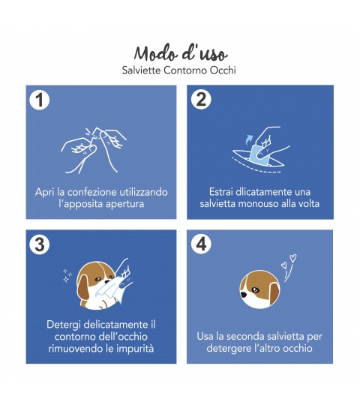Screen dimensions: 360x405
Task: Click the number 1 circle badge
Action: [40, 100]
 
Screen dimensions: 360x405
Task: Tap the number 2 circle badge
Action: [201, 99]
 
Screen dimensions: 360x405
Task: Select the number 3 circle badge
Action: [40, 244]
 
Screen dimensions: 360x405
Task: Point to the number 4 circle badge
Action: [201, 244]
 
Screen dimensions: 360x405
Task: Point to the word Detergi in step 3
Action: [64, 325]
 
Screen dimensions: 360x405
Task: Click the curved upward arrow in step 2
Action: [249, 139]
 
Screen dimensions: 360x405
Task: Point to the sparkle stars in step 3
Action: [67, 275]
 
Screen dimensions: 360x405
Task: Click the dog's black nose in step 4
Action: [244, 294]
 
